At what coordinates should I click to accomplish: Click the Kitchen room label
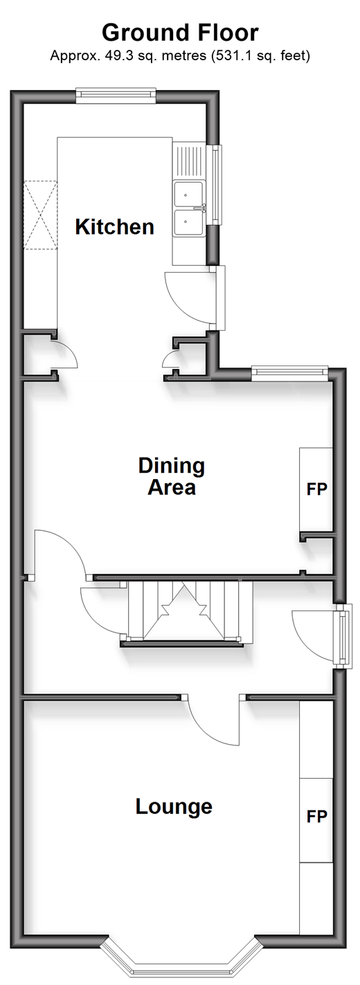pyautogui.click(x=114, y=227)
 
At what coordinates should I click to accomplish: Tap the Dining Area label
pyautogui.click(x=172, y=476)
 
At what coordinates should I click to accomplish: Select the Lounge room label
pyautogui.click(x=174, y=806)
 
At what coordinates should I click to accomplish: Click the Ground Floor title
pyautogui.click(x=180, y=33)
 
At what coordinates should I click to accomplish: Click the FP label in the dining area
pyautogui.click(x=316, y=489)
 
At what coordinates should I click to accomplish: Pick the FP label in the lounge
pyautogui.click(x=316, y=817)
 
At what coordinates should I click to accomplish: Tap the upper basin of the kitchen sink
pyautogui.click(x=188, y=194)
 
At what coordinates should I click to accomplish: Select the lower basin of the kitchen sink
pyautogui.click(x=188, y=222)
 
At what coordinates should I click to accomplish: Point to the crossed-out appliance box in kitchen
pyautogui.click(x=40, y=215)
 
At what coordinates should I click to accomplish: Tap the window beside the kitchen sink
pyautogui.click(x=216, y=185)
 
